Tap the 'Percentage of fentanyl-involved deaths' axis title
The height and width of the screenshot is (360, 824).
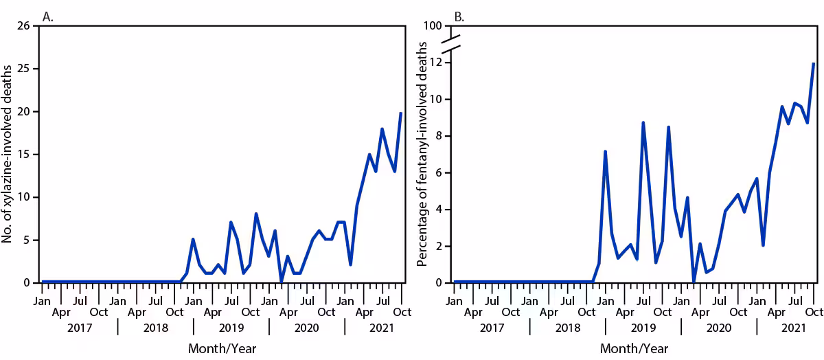pyautogui.click(x=421, y=154)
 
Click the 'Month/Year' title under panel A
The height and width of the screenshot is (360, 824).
pyautogui.click(x=222, y=349)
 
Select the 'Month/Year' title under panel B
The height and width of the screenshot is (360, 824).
pyautogui.click(x=634, y=349)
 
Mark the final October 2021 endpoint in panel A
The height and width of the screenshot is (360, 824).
pyautogui.click(x=401, y=113)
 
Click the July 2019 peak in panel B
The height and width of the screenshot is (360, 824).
pyautogui.click(x=643, y=122)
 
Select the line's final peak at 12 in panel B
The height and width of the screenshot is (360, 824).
pyautogui.click(x=814, y=63)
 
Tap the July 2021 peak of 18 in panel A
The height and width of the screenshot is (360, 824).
pyautogui.click(x=382, y=128)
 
